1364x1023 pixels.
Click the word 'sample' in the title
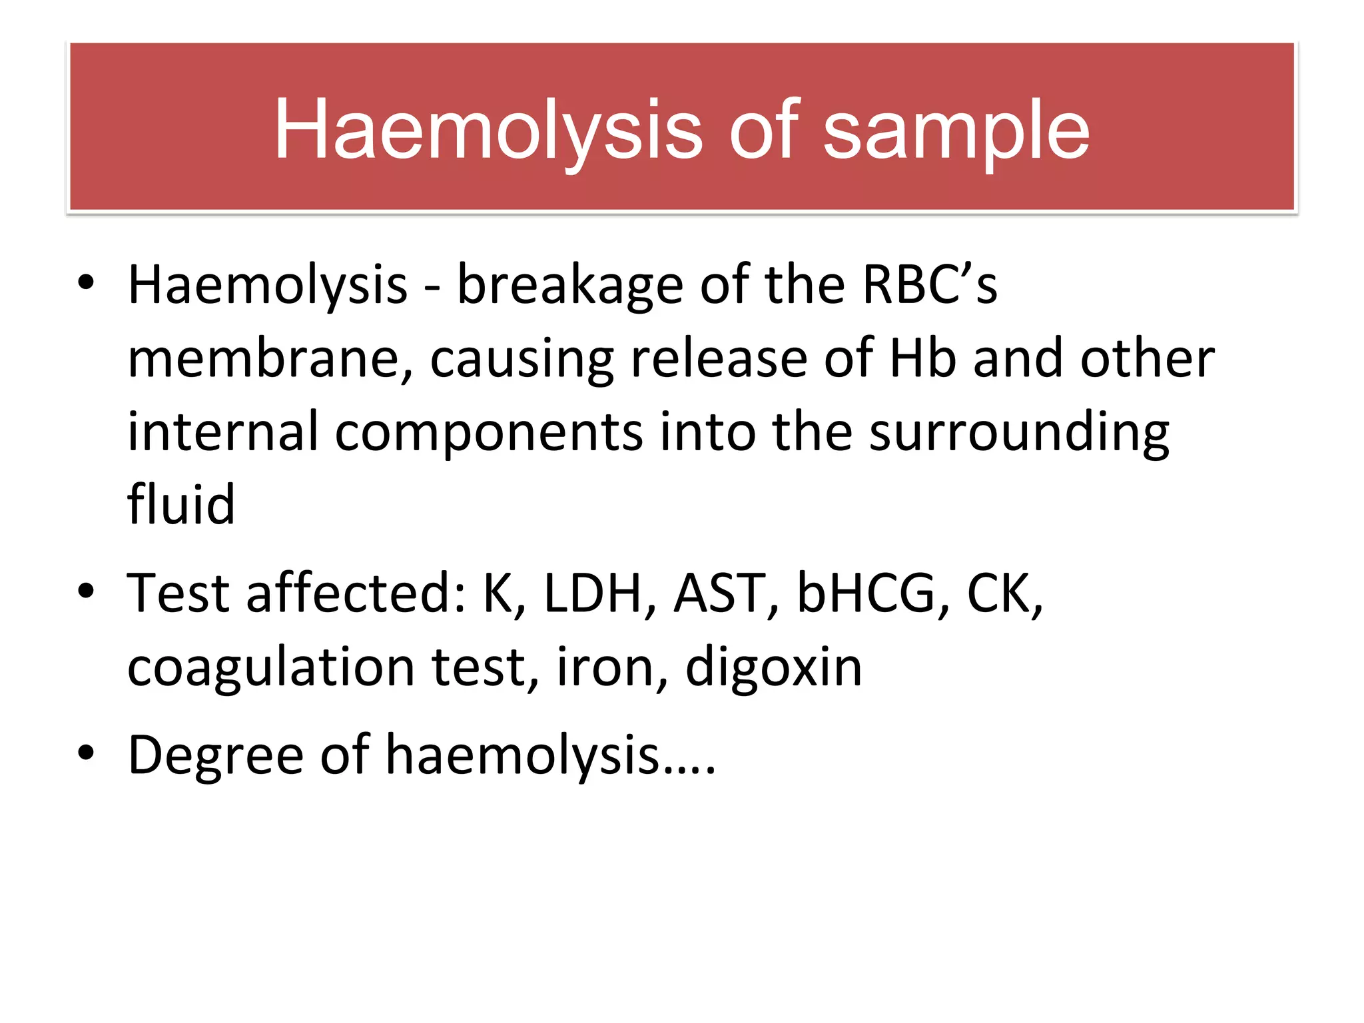[x=956, y=130]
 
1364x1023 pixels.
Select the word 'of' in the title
[x=763, y=130]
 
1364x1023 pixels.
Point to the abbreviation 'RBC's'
[x=929, y=285]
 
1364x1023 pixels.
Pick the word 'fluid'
[x=181, y=504]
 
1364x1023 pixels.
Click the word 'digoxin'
[x=773, y=668]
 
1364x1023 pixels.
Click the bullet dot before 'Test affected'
[x=85, y=591]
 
